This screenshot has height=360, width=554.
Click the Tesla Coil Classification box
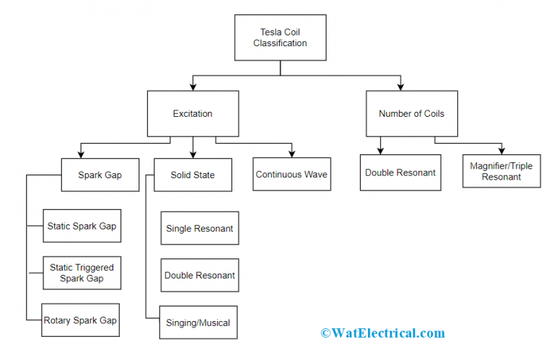(x=280, y=38)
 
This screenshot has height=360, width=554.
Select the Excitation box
(x=192, y=113)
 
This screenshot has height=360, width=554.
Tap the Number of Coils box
(x=411, y=113)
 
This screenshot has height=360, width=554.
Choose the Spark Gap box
(x=100, y=175)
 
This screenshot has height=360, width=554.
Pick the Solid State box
(x=193, y=175)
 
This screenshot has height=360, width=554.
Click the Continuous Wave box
(x=292, y=175)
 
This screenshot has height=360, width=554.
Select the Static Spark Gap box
(x=82, y=226)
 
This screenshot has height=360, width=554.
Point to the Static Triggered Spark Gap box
(x=82, y=273)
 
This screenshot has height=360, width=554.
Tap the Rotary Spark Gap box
(x=81, y=320)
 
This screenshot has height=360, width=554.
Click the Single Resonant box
(x=199, y=228)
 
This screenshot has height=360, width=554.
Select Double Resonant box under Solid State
(x=199, y=275)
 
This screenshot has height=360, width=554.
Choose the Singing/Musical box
(x=198, y=322)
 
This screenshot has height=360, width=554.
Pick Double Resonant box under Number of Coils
(x=400, y=172)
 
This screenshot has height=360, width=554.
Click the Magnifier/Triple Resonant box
(x=501, y=171)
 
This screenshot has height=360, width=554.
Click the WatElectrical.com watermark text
(x=382, y=333)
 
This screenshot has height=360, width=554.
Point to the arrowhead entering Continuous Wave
(x=292, y=154)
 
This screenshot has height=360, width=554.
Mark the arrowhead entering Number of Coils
(x=401, y=86)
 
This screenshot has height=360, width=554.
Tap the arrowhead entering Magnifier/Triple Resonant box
(x=501, y=149)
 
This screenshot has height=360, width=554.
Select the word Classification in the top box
(x=280, y=43)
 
